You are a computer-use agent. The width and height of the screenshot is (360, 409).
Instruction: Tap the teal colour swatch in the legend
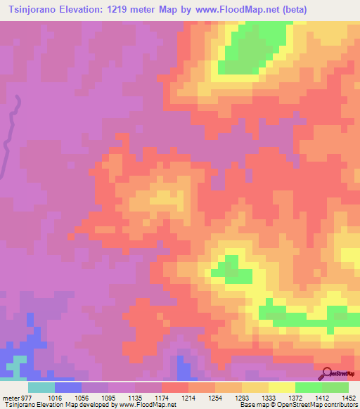pyautogui.click(x=41, y=387)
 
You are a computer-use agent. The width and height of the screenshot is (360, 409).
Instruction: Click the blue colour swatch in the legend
pyautogui.click(x=67, y=387)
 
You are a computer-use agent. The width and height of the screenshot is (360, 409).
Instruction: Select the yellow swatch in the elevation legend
pyautogui.click(x=281, y=387)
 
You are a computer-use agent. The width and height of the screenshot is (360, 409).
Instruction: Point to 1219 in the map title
pyautogui.click(x=120, y=9)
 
